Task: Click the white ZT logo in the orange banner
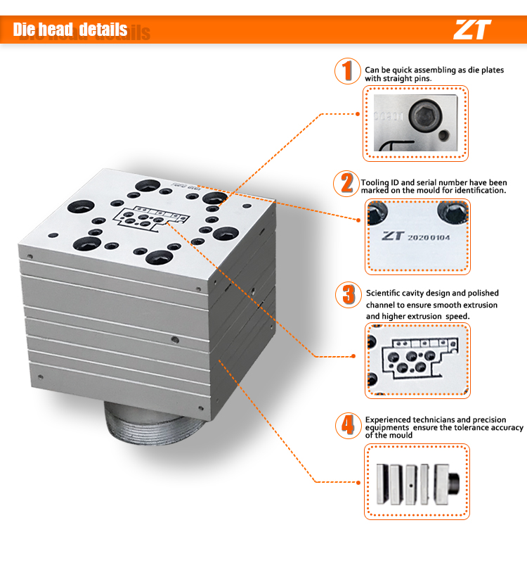tap(472, 30)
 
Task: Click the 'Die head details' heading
tap(70, 30)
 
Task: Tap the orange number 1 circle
tap(347, 71)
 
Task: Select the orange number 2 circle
tap(346, 184)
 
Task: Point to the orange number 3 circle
tap(348, 295)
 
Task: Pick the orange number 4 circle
tap(348, 426)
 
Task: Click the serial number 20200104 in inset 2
tap(429, 238)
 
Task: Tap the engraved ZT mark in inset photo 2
tap(393, 236)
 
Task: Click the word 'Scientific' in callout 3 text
tap(383, 293)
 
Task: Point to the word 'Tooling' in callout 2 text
tap(375, 183)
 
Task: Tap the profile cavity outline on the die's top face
tap(151, 218)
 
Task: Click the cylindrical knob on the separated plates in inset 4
tap(454, 483)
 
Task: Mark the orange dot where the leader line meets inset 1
tap(358, 114)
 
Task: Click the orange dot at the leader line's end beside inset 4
tap(358, 482)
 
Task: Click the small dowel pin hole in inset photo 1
tap(444, 136)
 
